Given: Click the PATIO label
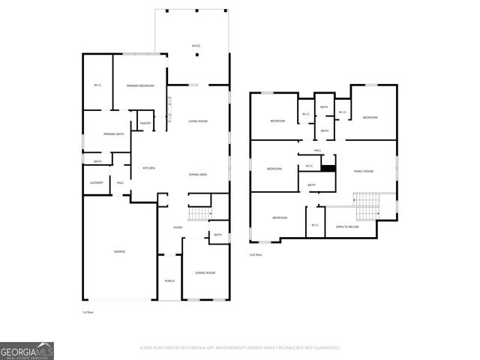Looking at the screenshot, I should click(x=196, y=46).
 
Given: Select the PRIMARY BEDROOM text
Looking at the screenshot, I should click(x=140, y=86).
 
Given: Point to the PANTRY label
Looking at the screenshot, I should click(x=145, y=123).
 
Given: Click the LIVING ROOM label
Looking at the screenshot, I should click(x=198, y=121).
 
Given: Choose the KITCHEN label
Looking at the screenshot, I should click(x=148, y=168).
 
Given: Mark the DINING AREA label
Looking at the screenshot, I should click(x=198, y=174).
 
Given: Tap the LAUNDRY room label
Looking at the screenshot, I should click(x=96, y=182).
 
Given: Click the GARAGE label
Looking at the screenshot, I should click(x=119, y=251).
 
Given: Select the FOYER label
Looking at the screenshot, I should click(x=178, y=227).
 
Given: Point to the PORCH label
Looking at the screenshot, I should click(x=169, y=281).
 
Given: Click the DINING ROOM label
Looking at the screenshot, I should click(x=205, y=272).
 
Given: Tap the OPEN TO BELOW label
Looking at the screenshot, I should click(x=347, y=226).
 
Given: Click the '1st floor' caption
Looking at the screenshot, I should click(x=88, y=311).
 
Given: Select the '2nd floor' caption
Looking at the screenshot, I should click(x=256, y=255).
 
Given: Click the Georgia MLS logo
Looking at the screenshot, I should click(x=27, y=350).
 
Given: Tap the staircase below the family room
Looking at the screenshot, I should click(x=367, y=203).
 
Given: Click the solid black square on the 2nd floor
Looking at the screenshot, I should click(x=327, y=168).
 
